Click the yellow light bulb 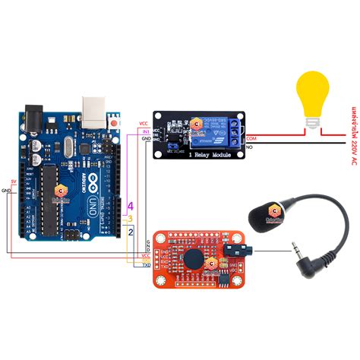click(312, 98)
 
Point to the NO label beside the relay click(251, 153)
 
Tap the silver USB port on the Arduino click(93, 110)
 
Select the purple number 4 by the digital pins click(131, 206)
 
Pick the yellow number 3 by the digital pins click(131, 219)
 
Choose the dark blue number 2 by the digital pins click(131, 232)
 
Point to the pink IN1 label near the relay click(145, 131)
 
